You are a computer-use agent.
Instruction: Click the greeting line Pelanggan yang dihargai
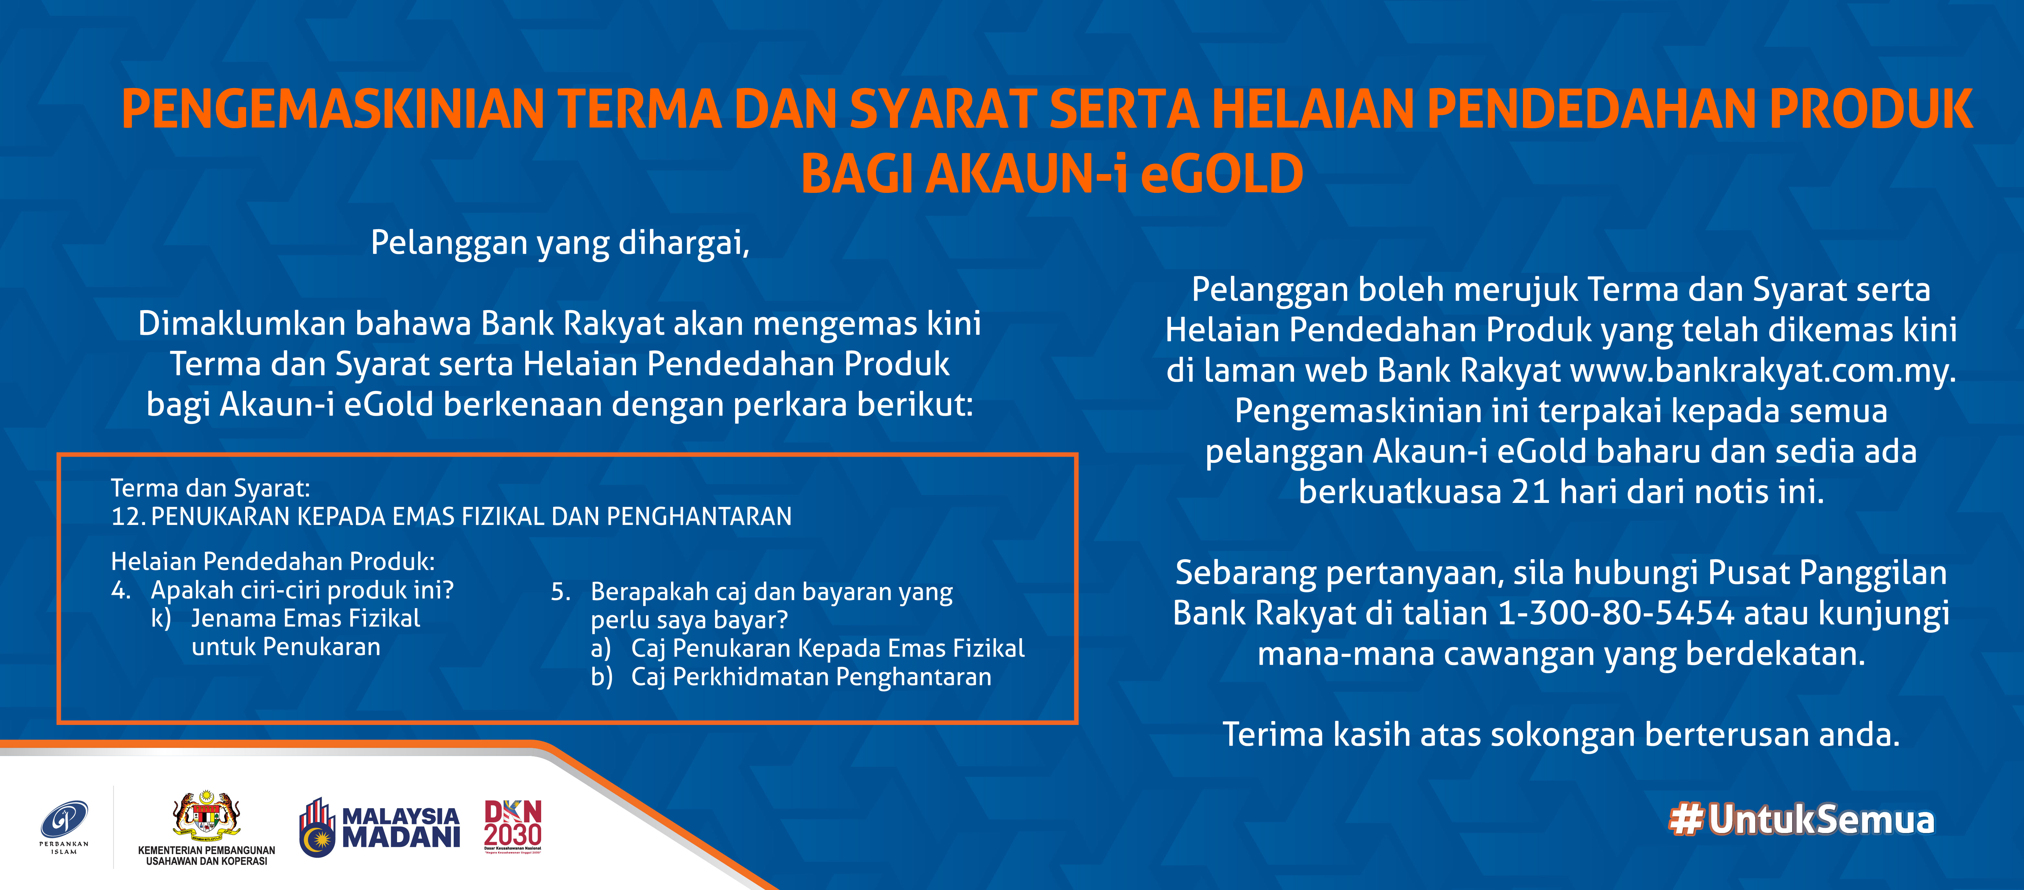(560, 243)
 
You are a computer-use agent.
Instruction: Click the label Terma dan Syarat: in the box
(210, 489)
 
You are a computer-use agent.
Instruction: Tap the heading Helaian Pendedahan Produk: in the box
(273, 562)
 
